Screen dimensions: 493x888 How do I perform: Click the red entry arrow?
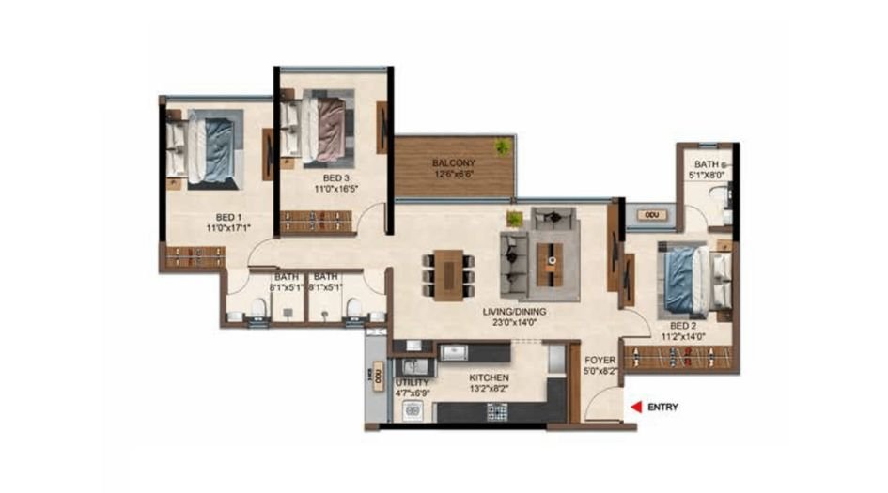[x=636, y=408]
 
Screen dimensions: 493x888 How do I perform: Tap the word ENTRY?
[x=662, y=408]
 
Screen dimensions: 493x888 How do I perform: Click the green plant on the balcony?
[x=503, y=146]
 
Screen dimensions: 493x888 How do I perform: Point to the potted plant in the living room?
[x=514, y=218]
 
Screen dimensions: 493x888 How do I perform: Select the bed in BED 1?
[x=205, y=147]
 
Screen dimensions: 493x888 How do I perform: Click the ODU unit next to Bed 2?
[x=650, y=215]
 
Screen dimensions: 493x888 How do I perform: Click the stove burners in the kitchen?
[x=495, y=410]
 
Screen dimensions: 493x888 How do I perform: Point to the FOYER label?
[x=600, y=360]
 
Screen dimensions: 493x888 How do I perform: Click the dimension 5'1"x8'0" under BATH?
[x=708, y=173]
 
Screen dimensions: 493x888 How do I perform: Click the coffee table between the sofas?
[x=555, y=254]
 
